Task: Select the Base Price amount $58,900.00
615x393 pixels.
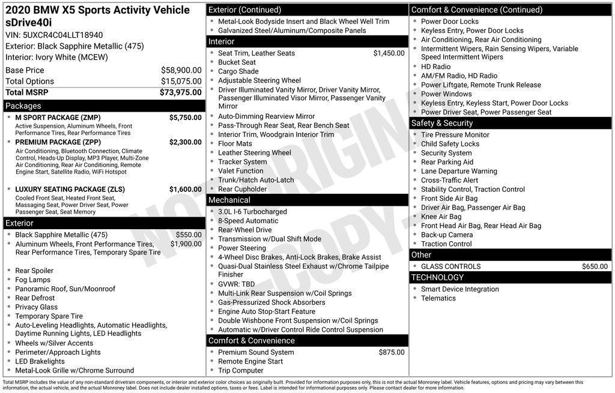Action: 181,70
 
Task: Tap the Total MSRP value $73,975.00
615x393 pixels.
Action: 180,92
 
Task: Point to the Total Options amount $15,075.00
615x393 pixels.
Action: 181,82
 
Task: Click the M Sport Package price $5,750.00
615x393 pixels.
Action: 185,118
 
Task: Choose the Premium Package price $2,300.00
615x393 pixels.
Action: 185,142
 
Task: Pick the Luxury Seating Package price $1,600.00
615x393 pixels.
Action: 185,190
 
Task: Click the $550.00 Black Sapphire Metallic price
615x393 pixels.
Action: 189,235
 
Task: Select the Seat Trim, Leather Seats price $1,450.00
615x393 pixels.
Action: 389,53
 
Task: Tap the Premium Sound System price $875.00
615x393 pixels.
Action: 391,352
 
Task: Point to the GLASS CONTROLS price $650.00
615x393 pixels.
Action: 595,266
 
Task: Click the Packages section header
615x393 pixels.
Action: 23,106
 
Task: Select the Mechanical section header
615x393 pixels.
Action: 229,200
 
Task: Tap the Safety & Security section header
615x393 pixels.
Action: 442,123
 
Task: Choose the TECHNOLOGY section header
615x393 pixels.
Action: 437,277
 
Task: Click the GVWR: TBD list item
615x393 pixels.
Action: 236,284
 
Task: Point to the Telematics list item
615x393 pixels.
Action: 438,298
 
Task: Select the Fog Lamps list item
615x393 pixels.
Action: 32,280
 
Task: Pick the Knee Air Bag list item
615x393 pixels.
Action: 441,217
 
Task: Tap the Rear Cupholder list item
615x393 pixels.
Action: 242,189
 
